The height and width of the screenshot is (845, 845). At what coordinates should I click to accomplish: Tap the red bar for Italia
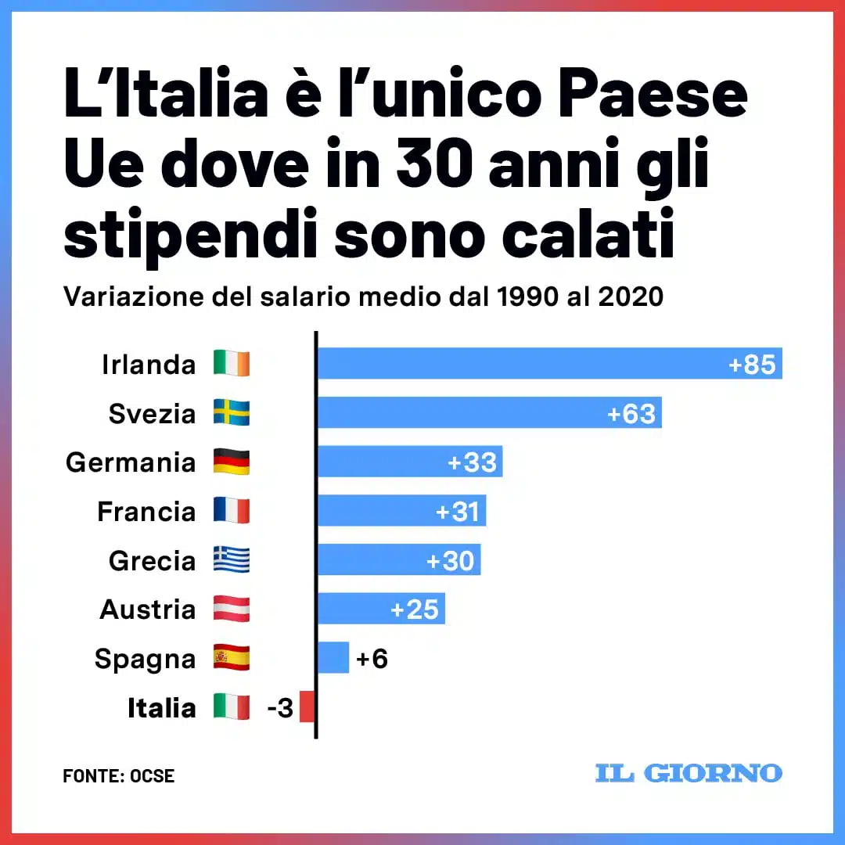[307, 707]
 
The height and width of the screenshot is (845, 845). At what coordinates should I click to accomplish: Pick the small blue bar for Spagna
[333, 658]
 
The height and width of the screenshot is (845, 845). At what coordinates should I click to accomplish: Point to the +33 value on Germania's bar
[472, 462]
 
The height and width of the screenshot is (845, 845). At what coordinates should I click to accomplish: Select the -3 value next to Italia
[279, 708]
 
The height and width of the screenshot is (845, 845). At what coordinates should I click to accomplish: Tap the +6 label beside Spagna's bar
[372, 659]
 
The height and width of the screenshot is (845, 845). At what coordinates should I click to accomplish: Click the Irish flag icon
[232, 364]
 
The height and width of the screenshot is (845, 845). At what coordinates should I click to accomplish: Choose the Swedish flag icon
[232, 413]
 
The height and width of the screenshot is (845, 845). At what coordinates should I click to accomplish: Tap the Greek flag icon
[232, 560]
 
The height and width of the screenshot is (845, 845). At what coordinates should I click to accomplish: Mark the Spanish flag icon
[232, 658]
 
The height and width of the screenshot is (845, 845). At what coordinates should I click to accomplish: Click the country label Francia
[146, 512]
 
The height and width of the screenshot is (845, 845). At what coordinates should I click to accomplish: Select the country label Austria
[147, 609]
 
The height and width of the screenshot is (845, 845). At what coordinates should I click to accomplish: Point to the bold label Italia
[161, 708]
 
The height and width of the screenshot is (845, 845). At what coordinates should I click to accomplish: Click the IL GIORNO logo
[689, 773]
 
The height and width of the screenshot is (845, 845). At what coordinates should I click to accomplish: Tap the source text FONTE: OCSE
[119, 776]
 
